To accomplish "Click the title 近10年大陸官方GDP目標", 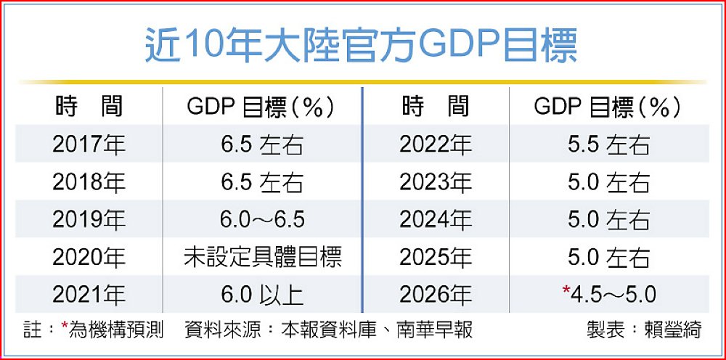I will click(361, 46).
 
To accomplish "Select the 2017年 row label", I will click(89, 144).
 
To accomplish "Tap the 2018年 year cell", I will click(89, 182).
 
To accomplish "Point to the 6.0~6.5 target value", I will click(263, 219).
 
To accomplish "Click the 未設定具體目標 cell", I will click(263, 257).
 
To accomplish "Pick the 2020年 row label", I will click(89, 257).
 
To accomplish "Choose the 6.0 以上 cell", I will click(263, 295).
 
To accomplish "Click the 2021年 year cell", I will click(89, 295).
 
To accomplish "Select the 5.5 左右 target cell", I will click(608, 144).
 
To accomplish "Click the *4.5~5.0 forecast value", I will click(612, 295).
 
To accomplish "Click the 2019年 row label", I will click(89, 219).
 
